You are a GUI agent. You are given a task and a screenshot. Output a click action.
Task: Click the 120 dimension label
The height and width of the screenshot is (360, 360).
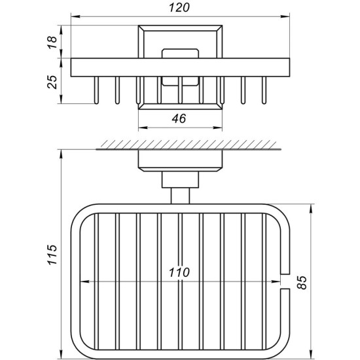click(x=179, y=8)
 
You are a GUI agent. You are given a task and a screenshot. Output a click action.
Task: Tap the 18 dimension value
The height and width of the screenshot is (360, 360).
click(x=52, y=43)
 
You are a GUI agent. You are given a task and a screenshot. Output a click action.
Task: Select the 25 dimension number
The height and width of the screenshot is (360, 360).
click(x=52, y=82)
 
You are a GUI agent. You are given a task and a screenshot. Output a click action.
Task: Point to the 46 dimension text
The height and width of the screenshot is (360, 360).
click(x=179, y=118)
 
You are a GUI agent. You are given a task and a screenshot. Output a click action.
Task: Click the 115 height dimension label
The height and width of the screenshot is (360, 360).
click(x=52, y=255)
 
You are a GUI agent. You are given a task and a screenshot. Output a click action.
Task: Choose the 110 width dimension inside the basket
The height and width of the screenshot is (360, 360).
click(x=179, y=272)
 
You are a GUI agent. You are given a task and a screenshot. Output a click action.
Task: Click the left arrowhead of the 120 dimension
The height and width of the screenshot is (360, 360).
click(x=75, y=16)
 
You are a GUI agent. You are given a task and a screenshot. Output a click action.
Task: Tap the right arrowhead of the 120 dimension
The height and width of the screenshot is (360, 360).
click(x=285, y=16)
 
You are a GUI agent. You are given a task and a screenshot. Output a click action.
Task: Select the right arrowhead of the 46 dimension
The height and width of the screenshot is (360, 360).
click(x=218, y=128)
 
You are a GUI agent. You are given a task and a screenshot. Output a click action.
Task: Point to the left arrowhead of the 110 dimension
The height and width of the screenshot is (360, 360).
click(x=84, y=281)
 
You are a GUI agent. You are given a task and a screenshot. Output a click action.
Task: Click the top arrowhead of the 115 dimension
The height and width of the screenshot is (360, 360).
click(x=61, y=154)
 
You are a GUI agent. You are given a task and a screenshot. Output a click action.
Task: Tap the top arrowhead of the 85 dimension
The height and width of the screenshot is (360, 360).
click(x=311, y=208)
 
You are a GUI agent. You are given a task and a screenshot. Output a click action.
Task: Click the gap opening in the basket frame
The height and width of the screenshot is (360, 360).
click(x=285, y=281)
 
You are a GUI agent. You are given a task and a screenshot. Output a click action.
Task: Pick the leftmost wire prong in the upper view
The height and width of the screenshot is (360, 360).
click(x=96, y=90)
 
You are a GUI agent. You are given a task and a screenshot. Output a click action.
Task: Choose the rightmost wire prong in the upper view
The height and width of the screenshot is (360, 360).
click(x=264, y=90)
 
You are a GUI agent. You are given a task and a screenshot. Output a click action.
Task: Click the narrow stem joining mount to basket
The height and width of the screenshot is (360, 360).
click(x=180, y=196)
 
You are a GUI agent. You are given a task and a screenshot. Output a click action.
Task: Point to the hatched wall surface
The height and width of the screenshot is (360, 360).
click(x=189, y=145)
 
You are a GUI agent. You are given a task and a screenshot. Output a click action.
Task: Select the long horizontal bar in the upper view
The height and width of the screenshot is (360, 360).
click(x=180, y=67)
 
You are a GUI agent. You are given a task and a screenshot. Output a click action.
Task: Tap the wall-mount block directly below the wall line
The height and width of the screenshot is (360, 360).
click(x=180, y=160)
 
